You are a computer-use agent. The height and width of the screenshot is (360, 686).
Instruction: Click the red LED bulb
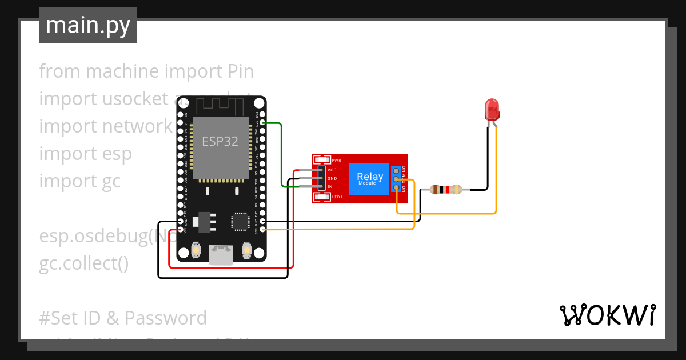click(x=491, y=108)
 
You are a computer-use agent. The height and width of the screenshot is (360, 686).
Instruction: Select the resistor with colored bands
click(x=446, y=189)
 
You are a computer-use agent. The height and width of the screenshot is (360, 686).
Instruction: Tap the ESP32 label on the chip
click(x=220, y=141)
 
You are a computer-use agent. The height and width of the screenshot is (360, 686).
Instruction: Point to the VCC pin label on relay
click(x=332, y=170)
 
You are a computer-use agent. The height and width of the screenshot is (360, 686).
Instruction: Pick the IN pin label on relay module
click(x=330, y=186)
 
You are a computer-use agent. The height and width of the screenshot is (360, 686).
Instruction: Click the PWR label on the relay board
click(x=336, y=161)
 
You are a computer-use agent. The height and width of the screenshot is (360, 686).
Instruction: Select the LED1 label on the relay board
click(x=337, y=197)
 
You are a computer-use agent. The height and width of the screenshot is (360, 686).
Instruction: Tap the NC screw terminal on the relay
click(x=396, y=170)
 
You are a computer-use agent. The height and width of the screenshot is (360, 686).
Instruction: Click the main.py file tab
click(x=88, y=26)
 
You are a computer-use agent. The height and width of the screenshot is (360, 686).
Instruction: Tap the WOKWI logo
click(x=607, y=315)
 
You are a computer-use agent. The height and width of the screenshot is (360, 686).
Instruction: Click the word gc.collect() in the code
click(x=84, y=263)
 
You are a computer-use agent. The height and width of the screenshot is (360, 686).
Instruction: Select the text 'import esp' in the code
click(x=85, y=154)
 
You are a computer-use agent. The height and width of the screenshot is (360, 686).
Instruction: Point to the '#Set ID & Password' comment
click(x=123, y=318)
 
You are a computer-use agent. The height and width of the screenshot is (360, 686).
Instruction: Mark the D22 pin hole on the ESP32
click(x=262, y=123)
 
